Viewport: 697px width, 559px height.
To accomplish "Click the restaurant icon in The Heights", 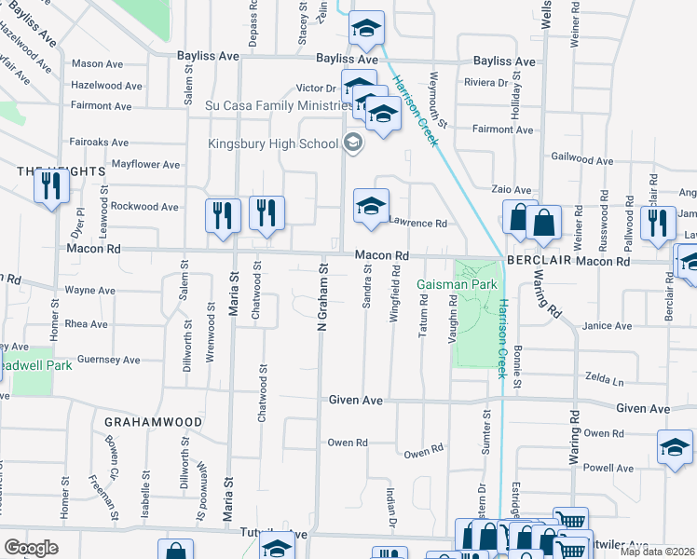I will [x=51, y=186].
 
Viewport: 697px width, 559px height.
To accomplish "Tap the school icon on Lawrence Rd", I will [x=371, y=206].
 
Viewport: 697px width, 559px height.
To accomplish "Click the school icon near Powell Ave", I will [x=675, y=447].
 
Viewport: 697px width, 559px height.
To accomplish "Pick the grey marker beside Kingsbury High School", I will [x=352, y=143].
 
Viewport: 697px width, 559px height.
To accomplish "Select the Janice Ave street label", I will [x=608, y=327].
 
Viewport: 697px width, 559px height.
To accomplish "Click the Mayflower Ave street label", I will [x=145, y=165].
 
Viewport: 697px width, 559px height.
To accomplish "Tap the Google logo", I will [x=31, y=547].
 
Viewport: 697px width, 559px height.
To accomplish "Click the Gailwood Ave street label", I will [x=582, y=160].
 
